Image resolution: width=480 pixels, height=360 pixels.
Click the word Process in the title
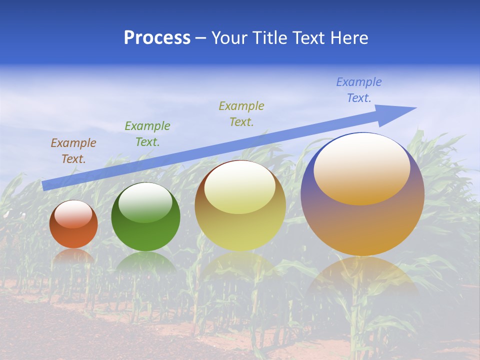157,38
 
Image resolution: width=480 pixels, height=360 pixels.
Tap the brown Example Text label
73,151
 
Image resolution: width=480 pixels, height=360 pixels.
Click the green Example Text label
147,134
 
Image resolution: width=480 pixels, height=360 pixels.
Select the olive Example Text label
241,114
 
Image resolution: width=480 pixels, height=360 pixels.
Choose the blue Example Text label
359,90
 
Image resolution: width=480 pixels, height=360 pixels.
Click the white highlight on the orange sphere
73,214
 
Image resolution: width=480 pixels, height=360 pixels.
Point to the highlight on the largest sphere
362,169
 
